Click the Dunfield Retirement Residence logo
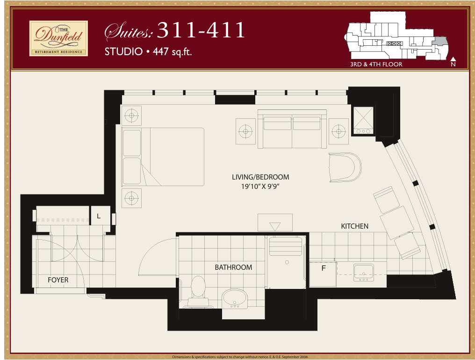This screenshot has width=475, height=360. tap(58, 38)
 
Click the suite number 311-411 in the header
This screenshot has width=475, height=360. tap(201, 30)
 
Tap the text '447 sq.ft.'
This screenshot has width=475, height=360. tap(172, 51)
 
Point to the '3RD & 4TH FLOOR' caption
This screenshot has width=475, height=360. tap(376, 64)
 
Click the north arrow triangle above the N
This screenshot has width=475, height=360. tap(453, 59)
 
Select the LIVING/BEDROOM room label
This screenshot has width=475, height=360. tap(260, 177)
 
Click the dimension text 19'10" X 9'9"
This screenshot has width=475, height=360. tap(260, 187)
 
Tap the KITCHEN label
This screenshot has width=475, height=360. tap(355, 226)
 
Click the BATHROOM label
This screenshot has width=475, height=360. tap(233, 267)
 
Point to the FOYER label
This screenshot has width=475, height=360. tap(58, 280)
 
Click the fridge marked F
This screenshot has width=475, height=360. tap(323, 274)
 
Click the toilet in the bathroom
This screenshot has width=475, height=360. tap(198, 291)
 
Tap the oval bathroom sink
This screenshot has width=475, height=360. tap(235, 297)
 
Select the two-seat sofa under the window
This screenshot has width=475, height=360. tap(292, 129)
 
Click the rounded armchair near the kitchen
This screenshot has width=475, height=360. tap(345, 167)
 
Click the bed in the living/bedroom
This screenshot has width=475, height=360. tap(163, 157)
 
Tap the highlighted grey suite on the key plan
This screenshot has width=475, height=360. tap(439, 41)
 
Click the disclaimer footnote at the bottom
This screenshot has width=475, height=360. tap(240, 357)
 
